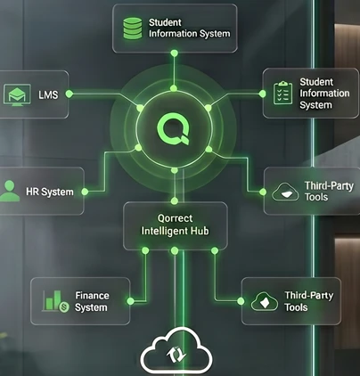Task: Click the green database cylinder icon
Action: click(x=133, y=29)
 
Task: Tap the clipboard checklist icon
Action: click(x=282, y=93)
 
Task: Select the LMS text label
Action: click(x=48, y=94)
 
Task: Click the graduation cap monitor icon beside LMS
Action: click(x=17, y=94)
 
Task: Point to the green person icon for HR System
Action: click(x=10, y=191)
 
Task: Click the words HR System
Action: click(x=50, y=192)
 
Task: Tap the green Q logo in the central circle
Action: click(x=174, y=130)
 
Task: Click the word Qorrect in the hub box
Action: click(x=175, y=218)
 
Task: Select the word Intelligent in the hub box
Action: click(x=162, y=231)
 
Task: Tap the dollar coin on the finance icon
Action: click(x=63, y=307)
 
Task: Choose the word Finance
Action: click(x=92, y=296)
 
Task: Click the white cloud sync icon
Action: click(x=176, y=351)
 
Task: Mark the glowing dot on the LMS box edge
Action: click(x=70, y=94)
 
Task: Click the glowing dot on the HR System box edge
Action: click(x=85, y=192)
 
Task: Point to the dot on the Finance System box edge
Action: click(x=130, y=301)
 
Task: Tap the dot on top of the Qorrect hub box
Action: click(x=175, y=201)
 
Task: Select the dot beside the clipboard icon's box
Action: click(x=262, y=94)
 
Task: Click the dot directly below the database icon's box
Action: click(x=175, y=53)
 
